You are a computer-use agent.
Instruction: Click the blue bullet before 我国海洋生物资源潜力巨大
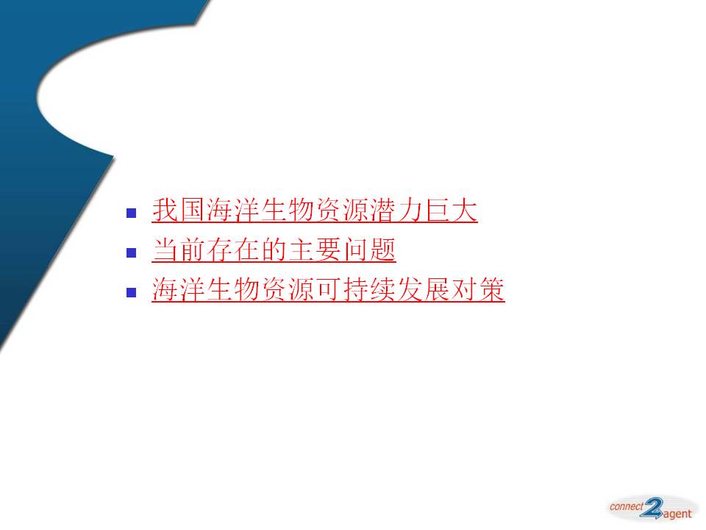(x=132, y=213)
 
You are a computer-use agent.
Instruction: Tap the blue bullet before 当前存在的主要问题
(x=132, y=252)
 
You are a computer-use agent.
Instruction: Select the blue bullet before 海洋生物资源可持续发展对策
(x=132, y=292)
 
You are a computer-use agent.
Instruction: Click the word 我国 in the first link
(x=179, y=210)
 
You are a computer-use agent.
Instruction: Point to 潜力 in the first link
(x=396, y=210)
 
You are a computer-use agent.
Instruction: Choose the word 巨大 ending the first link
(x=451, y=210)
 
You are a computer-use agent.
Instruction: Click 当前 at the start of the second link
(x=179, y=250)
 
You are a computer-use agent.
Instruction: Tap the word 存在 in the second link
(x=233, y=250)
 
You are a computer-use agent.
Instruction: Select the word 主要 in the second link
(x=315, y=250)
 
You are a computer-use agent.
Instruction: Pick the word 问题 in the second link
(x=369, y=250)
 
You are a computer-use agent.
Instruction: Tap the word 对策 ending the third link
(x=478, y=289)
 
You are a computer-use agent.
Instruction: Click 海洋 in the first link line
(x=233, y=210)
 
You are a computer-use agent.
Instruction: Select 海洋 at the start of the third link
(x=179, y=289)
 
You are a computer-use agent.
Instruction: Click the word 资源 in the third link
(x=288, y=289)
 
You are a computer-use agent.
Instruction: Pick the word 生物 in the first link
(x=288, y=210)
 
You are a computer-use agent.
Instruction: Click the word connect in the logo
(x=627, y=506)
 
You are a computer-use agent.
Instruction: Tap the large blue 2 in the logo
(x=653, y=508)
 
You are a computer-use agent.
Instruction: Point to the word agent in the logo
(x=677, y=515)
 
